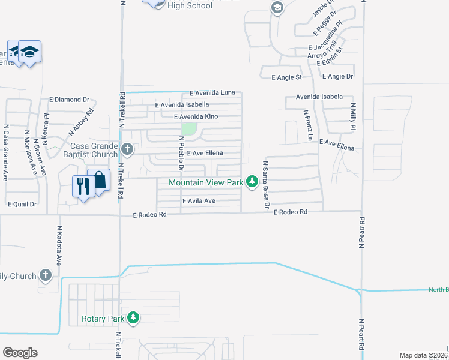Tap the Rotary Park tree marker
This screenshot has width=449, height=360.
(133, 317)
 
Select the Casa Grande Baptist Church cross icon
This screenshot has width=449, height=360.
(126, 148)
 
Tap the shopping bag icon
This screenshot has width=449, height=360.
(99, 179)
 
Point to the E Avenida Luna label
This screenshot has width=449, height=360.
(212, 93)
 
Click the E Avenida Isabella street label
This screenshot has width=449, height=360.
(182, 105)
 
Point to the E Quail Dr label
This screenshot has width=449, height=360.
(22, 204)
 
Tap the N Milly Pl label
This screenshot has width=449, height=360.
(354, 116)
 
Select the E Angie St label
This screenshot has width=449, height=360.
(286, 77)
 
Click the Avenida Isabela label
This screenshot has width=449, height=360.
(319, 97)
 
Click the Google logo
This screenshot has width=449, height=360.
(20, 352)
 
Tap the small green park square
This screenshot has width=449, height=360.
(190, 129)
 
